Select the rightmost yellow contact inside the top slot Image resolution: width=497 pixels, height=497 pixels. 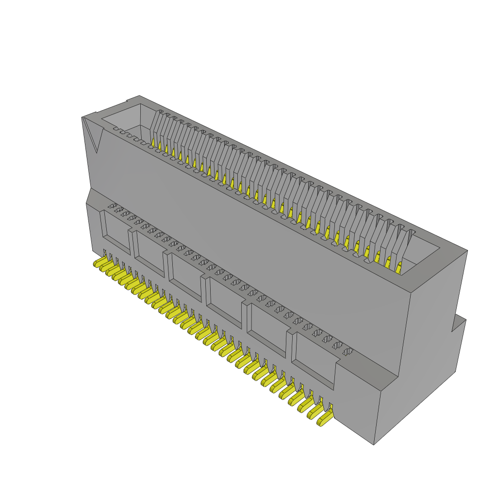tap(399, 267)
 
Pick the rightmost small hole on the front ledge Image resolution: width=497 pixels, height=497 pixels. tap(348, 351)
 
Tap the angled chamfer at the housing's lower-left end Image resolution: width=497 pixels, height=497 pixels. tap(88, 196)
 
